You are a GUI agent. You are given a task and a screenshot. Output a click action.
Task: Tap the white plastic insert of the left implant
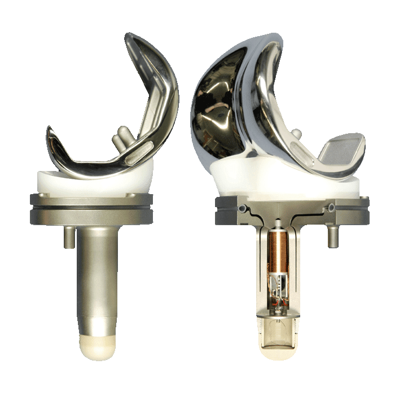[x=93, y=182]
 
